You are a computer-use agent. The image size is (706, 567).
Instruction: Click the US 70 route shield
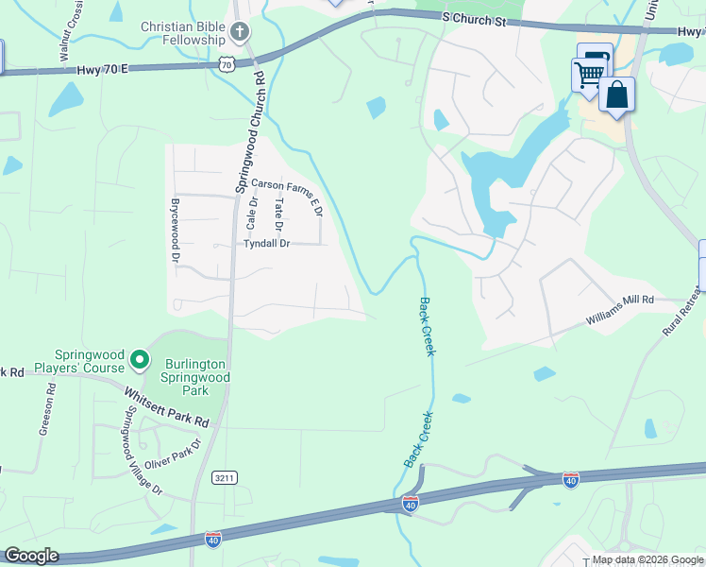(225, 63)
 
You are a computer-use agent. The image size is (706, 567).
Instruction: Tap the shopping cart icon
(589, 74)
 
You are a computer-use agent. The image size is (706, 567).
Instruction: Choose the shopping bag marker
(617, 95)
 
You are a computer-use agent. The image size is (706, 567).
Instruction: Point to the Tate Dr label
(277, 215)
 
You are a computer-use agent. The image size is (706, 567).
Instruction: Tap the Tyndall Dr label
(266, 244)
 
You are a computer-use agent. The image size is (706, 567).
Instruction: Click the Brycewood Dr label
(175, 225)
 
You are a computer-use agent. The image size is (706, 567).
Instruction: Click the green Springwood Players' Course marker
(140, 359)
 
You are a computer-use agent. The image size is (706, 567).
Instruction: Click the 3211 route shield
(224, 478)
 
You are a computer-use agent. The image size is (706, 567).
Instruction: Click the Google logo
(31, 556)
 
